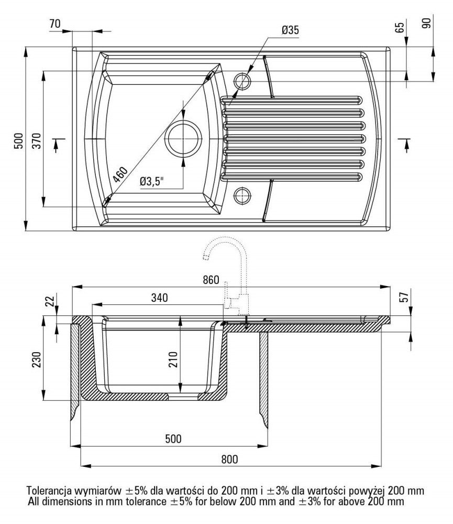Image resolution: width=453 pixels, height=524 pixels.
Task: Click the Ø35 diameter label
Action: coord(290,30)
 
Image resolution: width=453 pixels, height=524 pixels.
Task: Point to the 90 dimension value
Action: coord(426,24)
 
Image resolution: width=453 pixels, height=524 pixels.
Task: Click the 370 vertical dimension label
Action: coord(36,139)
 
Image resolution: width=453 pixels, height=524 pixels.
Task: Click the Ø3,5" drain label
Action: coord(152,182)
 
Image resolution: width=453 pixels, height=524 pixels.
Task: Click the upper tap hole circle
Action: coord(242,81)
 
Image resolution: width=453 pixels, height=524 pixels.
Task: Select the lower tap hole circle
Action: coord(242,195)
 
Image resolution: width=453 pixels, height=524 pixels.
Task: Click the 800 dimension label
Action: coord(229,459)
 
